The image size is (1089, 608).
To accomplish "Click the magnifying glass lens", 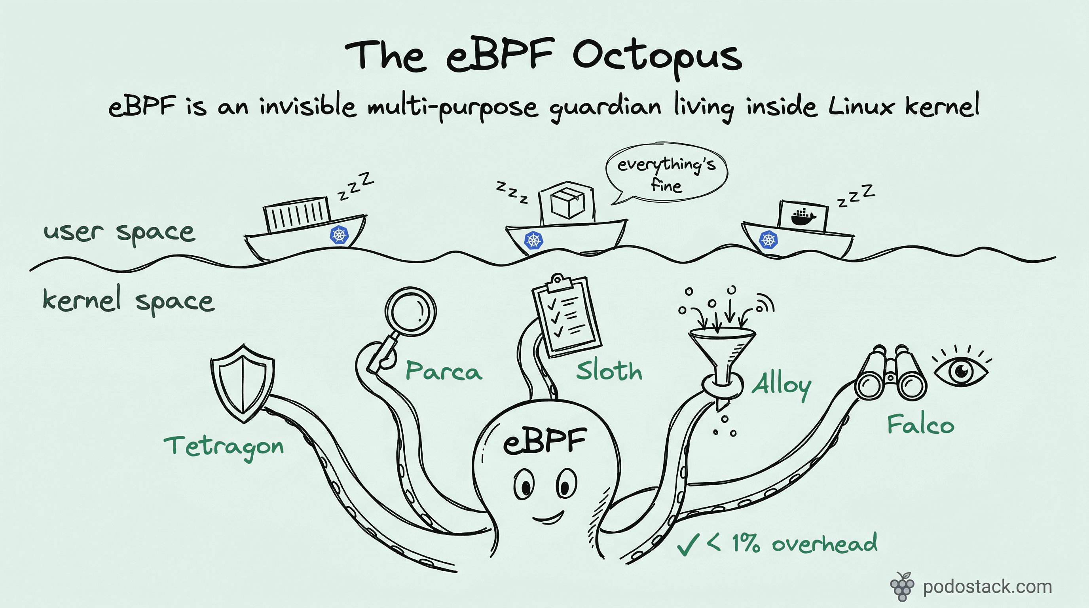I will [x=410, y=312].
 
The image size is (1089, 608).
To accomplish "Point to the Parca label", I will [x=444, y=371].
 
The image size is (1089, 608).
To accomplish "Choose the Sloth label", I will [x=609, y=371].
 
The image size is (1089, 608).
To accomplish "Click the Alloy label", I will [x=781, y=385].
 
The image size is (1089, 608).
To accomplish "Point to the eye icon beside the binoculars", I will [x=961, y=371].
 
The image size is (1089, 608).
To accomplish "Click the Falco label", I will [x=920, y=424].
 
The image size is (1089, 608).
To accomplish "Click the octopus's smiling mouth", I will [x=548, y=518].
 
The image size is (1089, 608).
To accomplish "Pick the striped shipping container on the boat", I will [x=297, y=215].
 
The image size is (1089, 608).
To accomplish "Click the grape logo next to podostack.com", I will [x=902, y=587].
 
